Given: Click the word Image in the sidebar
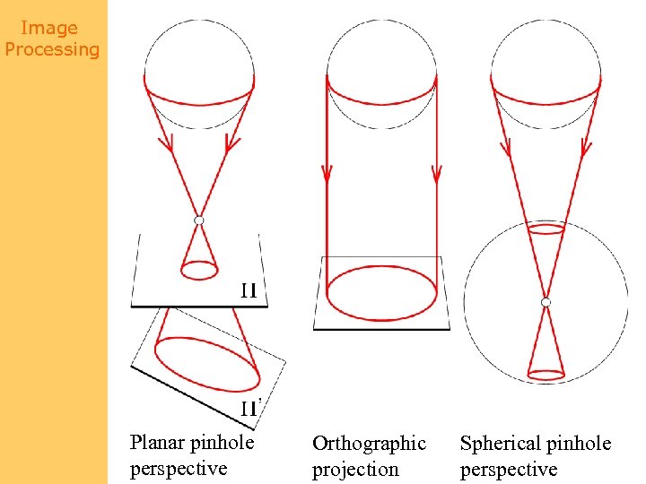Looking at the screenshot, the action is tap(48, 29).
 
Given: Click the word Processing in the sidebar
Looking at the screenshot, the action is tap(52, 49).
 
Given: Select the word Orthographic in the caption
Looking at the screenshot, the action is tap(369, 444).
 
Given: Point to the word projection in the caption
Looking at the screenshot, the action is tap(354, 470).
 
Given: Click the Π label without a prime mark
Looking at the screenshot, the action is tap(249, 290).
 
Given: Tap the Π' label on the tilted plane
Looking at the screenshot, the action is tap(250, 409).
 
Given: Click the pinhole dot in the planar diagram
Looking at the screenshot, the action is tap(199, 220).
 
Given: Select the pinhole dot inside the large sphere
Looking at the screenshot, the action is tap(546, 303).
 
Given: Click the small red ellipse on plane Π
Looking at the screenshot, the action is tap(199, 269).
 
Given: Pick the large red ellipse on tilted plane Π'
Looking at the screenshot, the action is tap(207, 363).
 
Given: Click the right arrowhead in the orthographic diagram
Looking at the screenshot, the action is tap(436, 174).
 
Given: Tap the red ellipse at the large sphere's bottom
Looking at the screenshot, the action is tap(546, 372).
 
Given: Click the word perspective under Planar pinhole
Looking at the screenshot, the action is tap(178, 469).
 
